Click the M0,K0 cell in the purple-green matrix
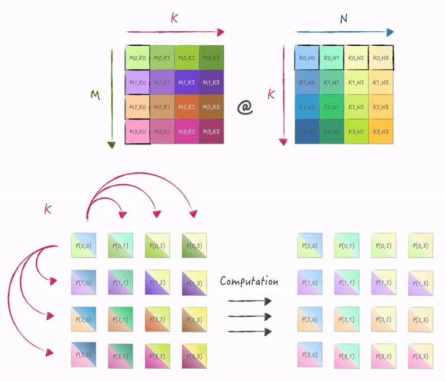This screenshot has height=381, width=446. [138, 57]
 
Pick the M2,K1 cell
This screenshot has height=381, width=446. [162, 107]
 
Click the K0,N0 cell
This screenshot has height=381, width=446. [307, 57]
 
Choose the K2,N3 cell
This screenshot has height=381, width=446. [381, 107]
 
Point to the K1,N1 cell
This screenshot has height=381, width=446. [332, 82]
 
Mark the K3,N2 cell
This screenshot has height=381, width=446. [357, 132]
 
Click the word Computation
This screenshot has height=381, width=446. [249, 281]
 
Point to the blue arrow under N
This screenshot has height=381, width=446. [344, 32]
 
